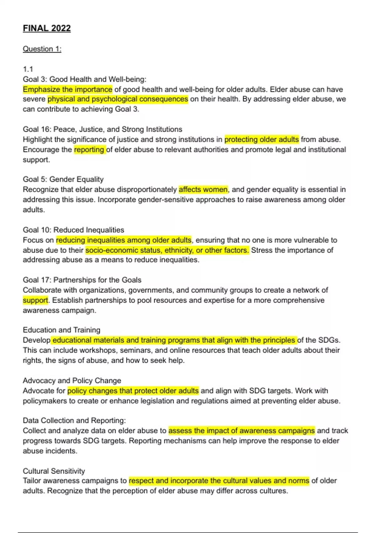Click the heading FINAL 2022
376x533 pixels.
(47, 28)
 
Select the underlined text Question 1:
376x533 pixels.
(42, 49)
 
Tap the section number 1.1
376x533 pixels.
(28, 69)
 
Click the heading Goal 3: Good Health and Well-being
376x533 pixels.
(84, 79)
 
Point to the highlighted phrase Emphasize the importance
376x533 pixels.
(67, 89)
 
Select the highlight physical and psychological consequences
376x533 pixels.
(118, 99)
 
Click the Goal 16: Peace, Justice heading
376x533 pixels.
(102, 129)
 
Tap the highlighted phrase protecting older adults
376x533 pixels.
(262, 139)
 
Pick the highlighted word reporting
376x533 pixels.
(89, 150)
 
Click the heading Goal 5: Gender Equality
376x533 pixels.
(63, 179)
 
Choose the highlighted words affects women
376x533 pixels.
(203, 189)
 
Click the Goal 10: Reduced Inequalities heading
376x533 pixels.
(73, 230)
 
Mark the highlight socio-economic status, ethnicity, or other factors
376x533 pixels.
(167, 250)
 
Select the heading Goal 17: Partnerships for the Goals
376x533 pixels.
(82, 280)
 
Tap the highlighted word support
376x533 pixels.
(35, 300)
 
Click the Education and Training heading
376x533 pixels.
(61, 330)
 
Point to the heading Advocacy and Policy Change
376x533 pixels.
(72, 380)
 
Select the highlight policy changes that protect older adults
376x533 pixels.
(133, 391)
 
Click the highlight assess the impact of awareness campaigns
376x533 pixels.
(241, 430)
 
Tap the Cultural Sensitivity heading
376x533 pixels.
(54, 471)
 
